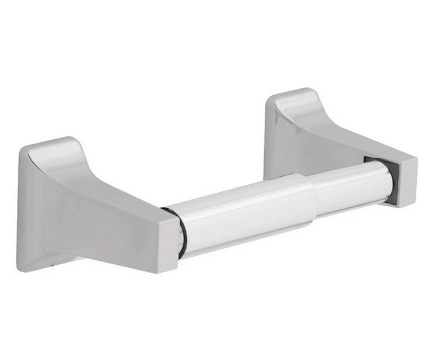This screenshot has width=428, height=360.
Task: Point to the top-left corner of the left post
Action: click(23, 149)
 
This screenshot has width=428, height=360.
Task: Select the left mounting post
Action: click(96, 208)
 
